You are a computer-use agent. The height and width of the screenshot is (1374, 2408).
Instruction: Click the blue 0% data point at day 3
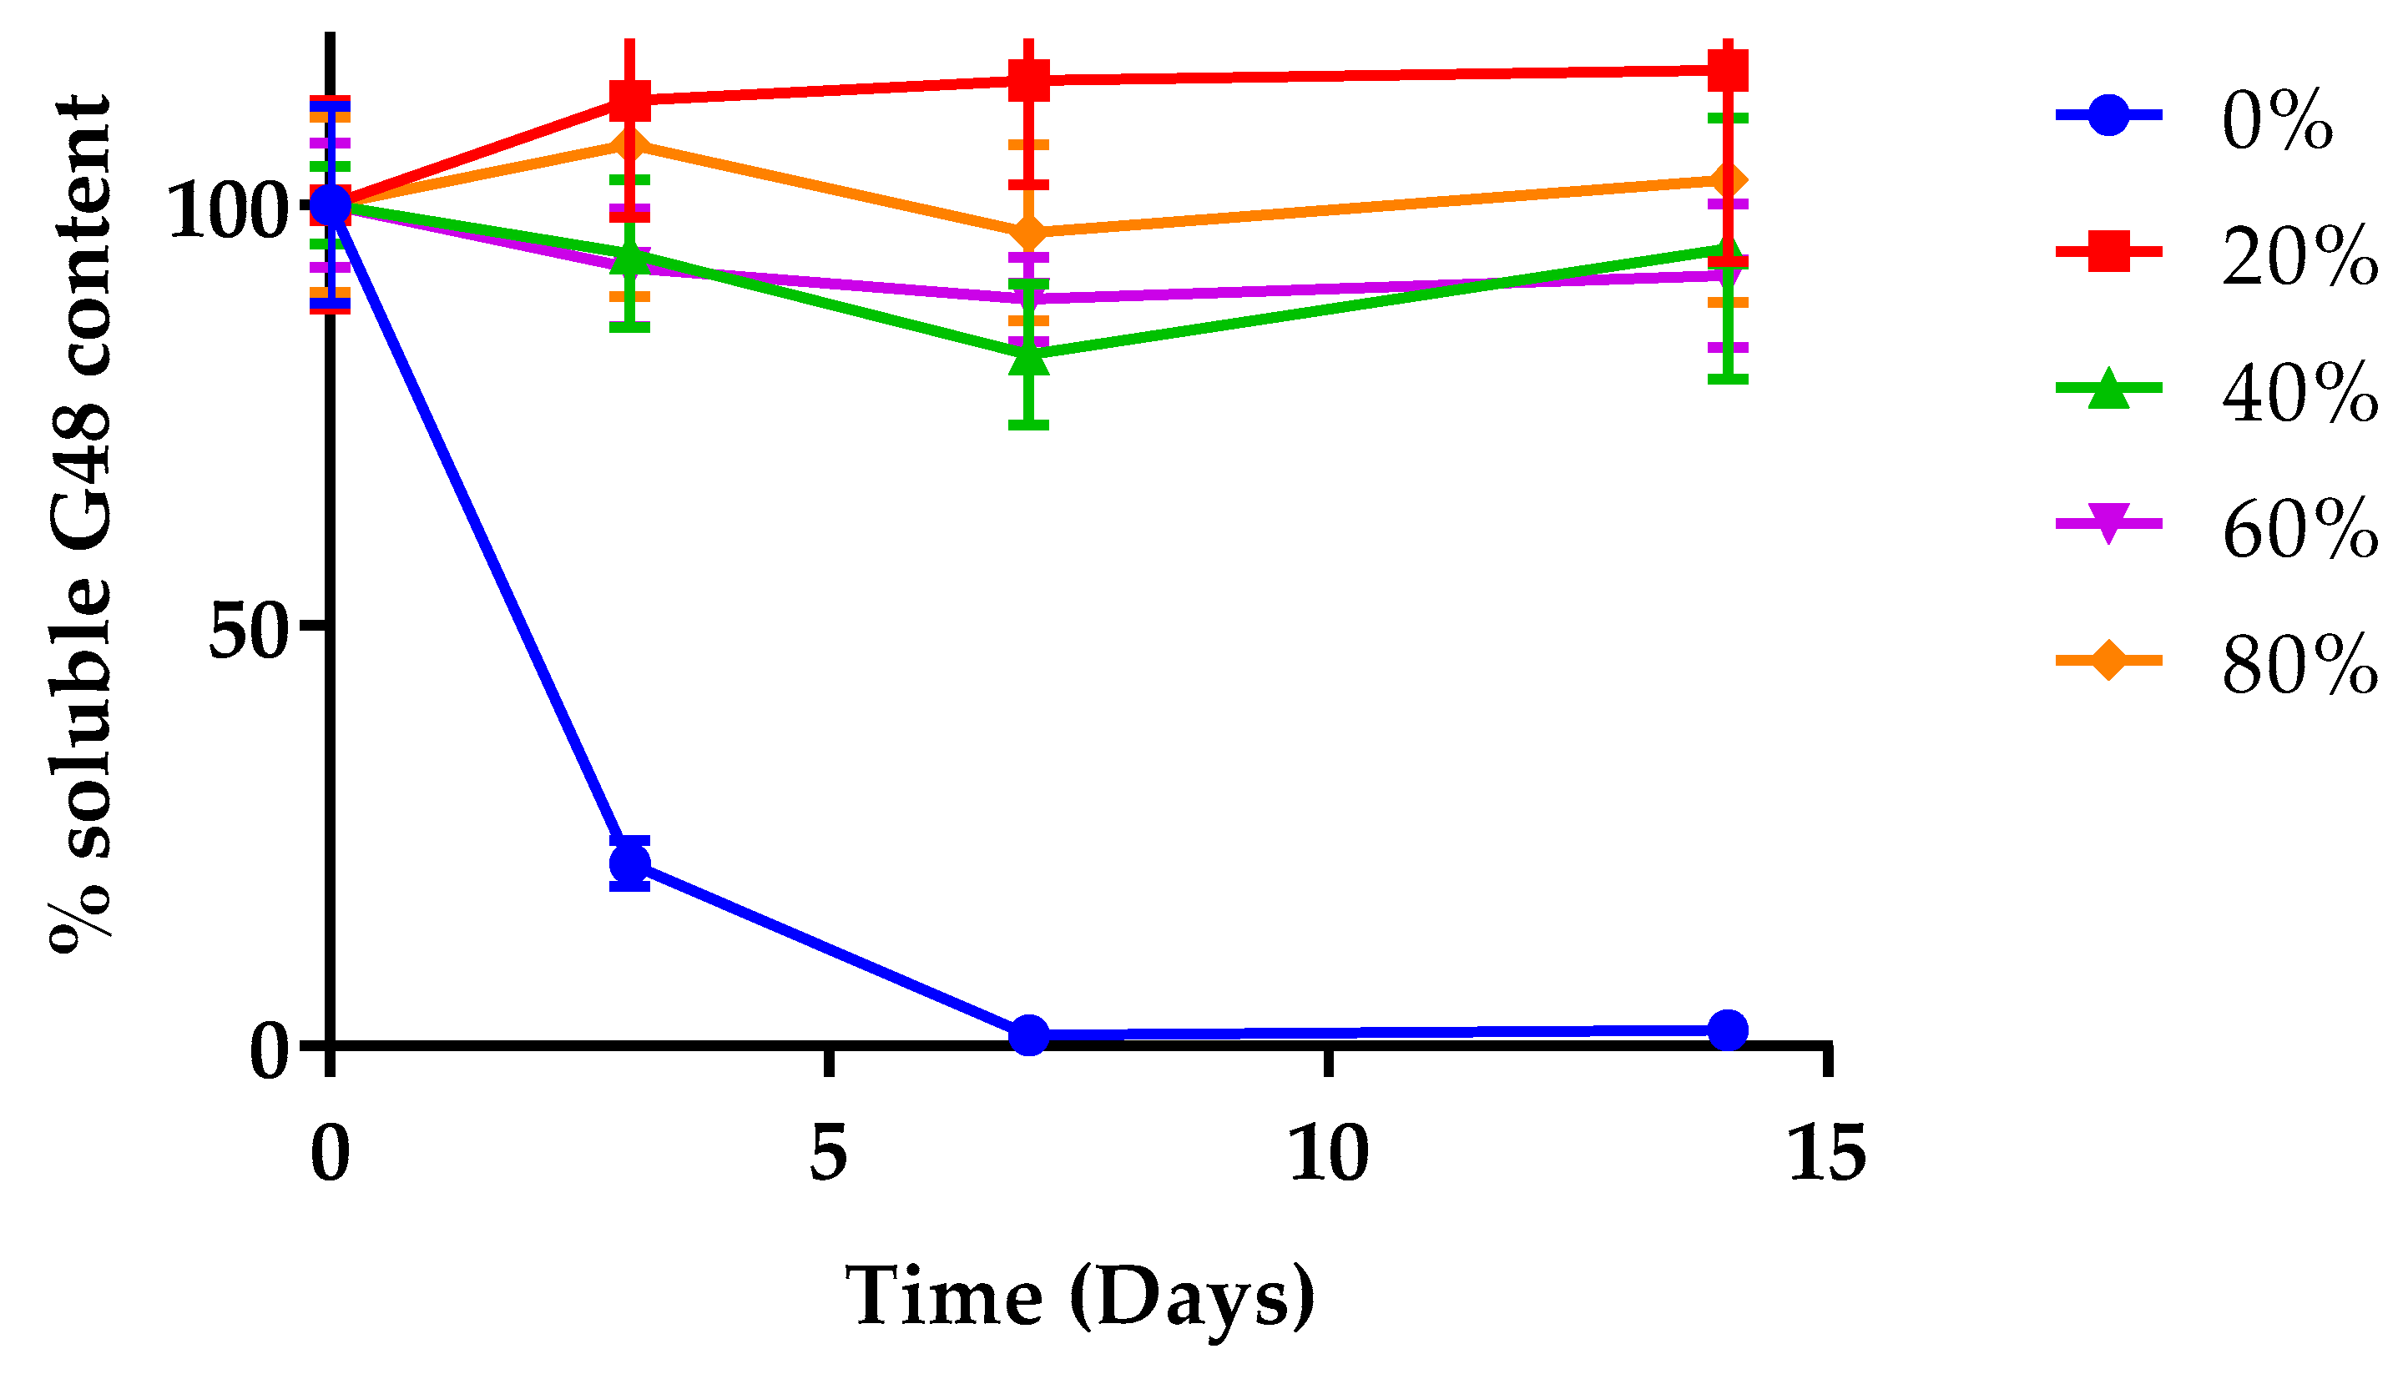[x=629, y=863]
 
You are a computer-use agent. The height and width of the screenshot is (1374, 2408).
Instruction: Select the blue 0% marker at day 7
[x=1029, y=1035]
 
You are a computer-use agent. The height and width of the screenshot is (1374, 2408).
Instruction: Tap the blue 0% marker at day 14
[x=1728, y=1029]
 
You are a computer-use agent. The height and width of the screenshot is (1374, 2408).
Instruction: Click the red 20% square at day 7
[x=1029, y=79]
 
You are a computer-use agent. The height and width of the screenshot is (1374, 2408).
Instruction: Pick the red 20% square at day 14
[x=1728, y=70]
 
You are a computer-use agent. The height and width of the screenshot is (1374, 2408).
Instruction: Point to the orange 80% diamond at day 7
[x=1029, y=232]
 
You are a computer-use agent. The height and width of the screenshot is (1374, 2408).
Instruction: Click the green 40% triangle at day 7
[x=1029, y=358]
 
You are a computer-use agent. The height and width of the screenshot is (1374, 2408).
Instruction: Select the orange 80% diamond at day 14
[x=1728, y=180]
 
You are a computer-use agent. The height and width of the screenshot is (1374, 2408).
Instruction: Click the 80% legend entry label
[x=2299, y=664]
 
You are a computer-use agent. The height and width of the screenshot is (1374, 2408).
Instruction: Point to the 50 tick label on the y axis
[x=247, y=632]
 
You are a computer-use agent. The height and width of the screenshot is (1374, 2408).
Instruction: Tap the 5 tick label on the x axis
[x=828, y=1152]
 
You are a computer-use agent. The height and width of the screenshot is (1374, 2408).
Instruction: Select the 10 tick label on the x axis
[x=1328, y=1152]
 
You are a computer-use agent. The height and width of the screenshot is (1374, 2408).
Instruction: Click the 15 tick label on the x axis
[x=1827, y=1152]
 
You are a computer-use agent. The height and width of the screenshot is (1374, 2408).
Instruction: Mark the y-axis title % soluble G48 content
[x=81, y=524]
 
